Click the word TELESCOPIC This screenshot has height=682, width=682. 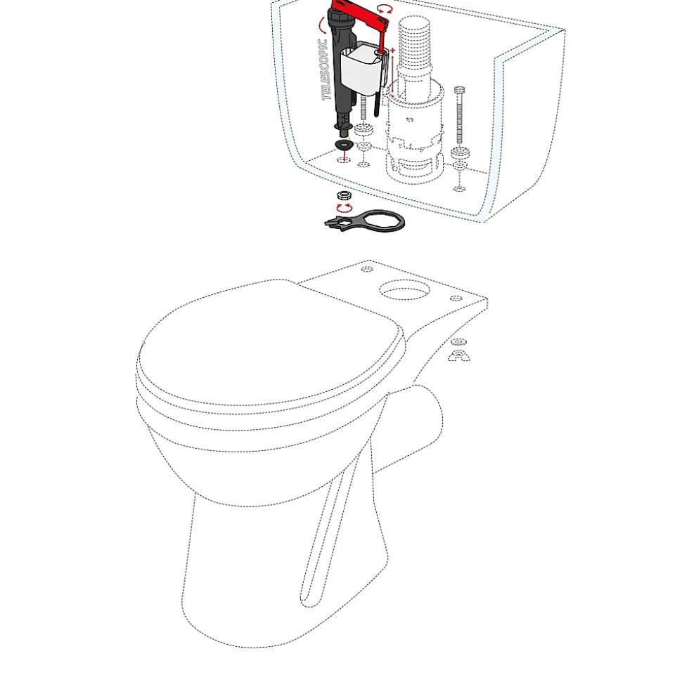(324, 70)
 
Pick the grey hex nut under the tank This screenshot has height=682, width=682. (345, 195)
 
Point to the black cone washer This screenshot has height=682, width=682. (344, 144)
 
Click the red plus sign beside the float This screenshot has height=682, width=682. (393, 51)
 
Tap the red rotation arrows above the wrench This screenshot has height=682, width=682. (345, 209)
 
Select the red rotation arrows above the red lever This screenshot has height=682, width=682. (385, 9)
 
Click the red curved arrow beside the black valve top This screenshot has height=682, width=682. (322, 25)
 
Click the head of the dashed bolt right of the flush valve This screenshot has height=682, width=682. (459, 90)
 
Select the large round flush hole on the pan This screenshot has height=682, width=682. (404, 289)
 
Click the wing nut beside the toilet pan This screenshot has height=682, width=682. (459, 356)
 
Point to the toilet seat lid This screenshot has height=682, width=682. (270, 343)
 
